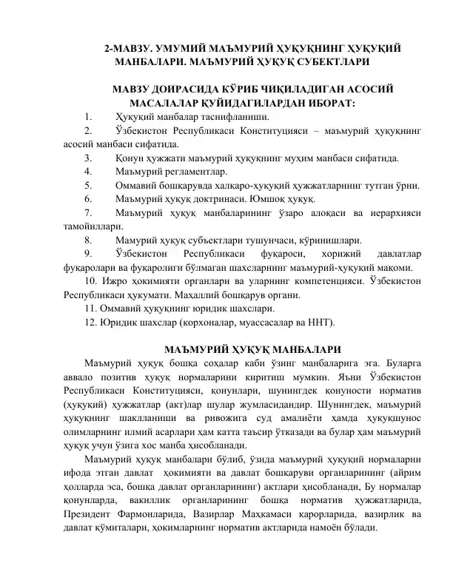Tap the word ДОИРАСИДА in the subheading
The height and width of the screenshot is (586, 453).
click(181, 90)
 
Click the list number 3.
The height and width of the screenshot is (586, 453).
click(88, 157)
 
